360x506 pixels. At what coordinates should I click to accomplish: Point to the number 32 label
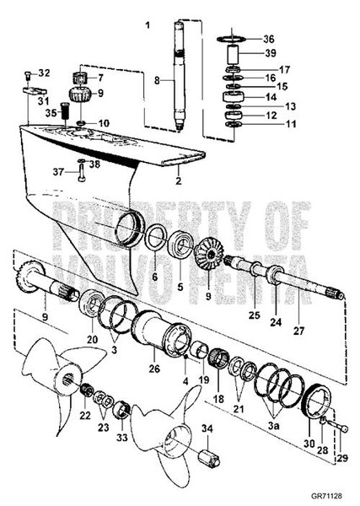pyautogui.click(x=44, y=73)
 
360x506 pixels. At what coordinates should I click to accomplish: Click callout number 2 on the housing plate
pyautogui.click(x=178, y=180)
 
